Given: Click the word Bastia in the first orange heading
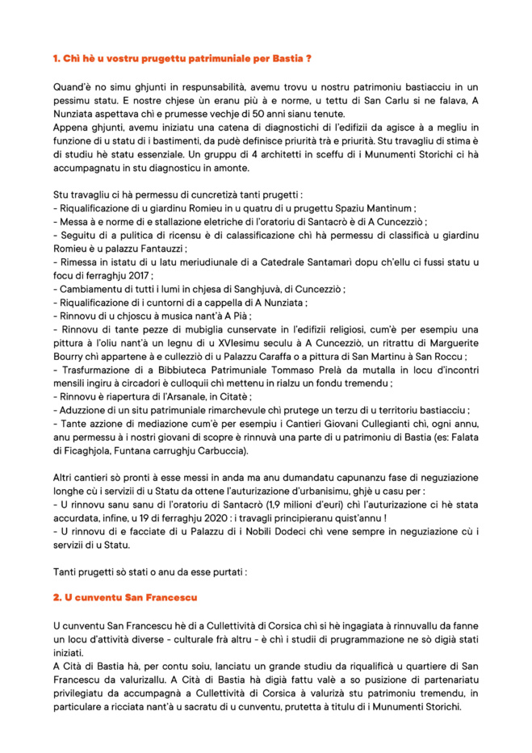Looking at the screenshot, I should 283,59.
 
